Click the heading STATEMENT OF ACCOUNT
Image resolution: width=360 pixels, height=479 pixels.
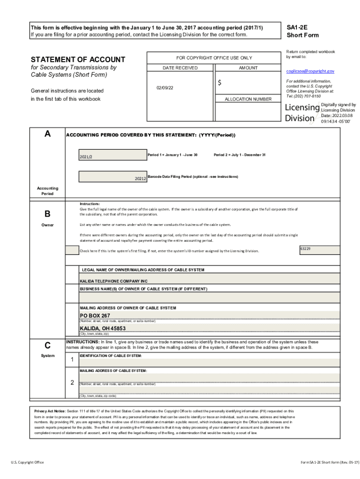point(78,59)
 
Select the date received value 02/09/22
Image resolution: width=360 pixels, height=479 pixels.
point(165,88)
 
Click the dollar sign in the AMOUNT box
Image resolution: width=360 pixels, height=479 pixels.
point(220,83)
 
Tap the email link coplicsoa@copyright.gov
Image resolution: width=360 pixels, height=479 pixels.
point(310,71)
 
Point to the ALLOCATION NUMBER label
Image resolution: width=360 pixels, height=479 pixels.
point(248,99)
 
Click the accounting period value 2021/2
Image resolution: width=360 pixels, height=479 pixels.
point(86,157)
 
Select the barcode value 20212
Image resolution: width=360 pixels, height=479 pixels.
point(140,179)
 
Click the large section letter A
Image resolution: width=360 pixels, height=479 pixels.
point(47,134)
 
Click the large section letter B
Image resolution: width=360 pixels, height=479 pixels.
point(47,214)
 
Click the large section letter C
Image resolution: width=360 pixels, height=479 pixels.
point(47,346)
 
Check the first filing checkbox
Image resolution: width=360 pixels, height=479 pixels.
point(72,250)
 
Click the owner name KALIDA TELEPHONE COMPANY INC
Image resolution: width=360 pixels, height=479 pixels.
point(114,281)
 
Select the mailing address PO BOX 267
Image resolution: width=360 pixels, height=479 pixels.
point(95,315)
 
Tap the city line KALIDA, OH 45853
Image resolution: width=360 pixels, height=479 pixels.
point(102,328)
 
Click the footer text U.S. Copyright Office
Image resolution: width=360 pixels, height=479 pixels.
point(28,462)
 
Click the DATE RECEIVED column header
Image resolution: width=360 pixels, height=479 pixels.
point(180,68)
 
